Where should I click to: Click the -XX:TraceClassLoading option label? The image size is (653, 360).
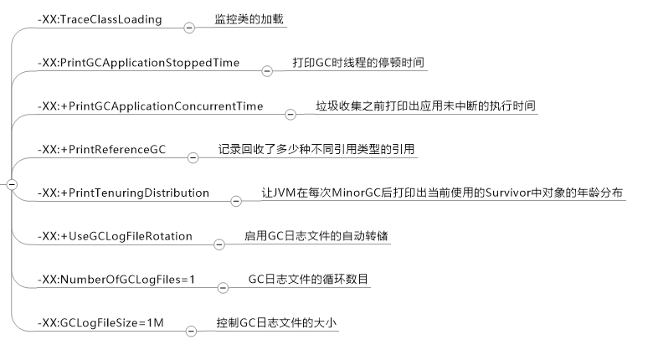[x=100, y=18]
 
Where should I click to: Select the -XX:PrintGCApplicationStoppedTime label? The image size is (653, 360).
[x=138, y=63]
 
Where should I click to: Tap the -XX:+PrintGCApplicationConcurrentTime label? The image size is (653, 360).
[x=151, y=106]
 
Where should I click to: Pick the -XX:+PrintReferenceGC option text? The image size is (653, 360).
[x=103, y=150]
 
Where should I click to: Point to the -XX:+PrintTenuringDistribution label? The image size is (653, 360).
[x=123, y=193]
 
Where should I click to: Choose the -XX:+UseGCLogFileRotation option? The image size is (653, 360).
[x=115, y=237]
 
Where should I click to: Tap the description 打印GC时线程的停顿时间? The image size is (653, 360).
[x=362, y=63]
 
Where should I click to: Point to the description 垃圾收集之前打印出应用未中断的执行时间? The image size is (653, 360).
[x=425, y=106]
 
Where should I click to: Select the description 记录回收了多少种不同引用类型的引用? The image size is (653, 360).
[x=317, y=150]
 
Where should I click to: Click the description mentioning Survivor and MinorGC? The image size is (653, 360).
[x=441, y=193]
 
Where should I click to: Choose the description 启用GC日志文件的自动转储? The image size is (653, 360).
[x=316, y=237]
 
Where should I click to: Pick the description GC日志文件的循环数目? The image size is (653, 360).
[x=308, y=280]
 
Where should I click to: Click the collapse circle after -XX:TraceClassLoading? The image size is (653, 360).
[x=188, y=28]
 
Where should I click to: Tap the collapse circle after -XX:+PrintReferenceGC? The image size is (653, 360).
[x=192, y=158]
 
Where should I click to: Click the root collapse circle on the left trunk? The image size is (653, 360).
[x=11, y=185]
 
